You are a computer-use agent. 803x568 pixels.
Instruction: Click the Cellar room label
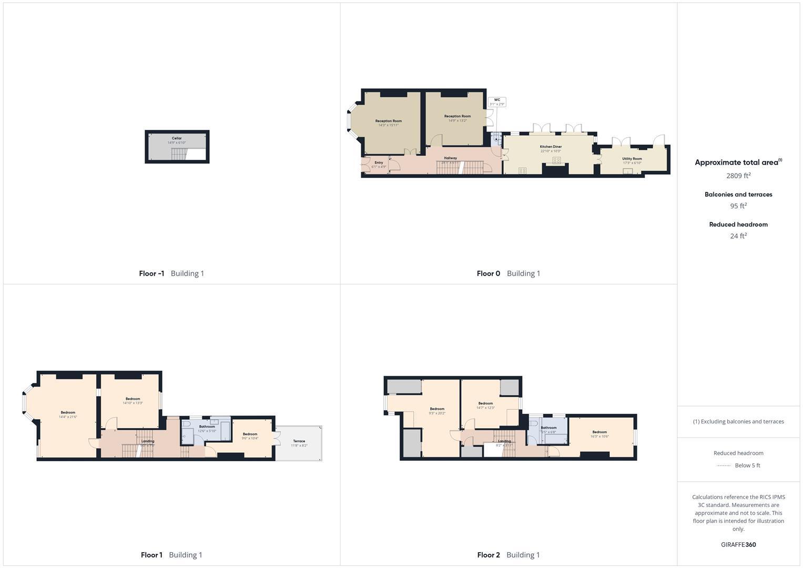coord(177,138)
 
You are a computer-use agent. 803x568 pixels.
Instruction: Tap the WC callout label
coord(497,99)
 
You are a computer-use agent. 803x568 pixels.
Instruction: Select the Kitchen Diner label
coord(551,147)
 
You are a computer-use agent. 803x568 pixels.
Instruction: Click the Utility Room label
coord(632,158)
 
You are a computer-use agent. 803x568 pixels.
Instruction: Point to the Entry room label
coord(379,163)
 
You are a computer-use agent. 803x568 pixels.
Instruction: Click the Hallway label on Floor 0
coord(451,158)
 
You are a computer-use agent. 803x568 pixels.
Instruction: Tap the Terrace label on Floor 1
coord(299,441)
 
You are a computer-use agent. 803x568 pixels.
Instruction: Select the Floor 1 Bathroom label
coord(207,427)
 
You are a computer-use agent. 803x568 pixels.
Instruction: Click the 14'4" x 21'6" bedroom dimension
coord(68,417)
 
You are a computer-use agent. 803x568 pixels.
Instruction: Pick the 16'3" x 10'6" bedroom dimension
coord(599,436)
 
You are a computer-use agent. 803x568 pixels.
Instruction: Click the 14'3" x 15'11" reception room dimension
coord(389,125)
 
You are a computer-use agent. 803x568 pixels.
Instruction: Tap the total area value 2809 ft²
coord(738,176)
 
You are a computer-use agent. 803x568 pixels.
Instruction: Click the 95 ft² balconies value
coord(738,206)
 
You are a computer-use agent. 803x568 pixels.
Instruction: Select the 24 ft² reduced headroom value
coord(738,236)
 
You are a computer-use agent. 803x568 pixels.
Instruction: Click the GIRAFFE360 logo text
coord(738,545)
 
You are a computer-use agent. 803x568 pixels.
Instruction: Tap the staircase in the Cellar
coord(179,154)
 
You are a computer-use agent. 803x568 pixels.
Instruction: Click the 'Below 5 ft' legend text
coord(747,465)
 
